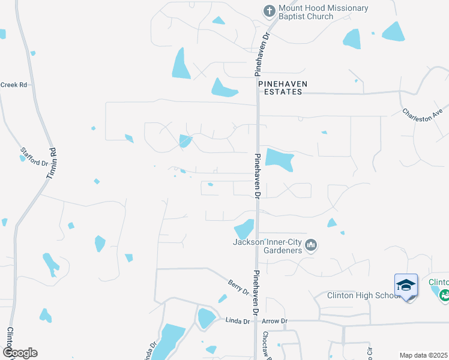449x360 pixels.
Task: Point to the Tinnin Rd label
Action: click(51, 162)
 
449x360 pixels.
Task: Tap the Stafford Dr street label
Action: click(34, 157)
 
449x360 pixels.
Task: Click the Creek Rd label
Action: click(14, 85)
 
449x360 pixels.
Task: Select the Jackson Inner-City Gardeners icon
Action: click(311, 245)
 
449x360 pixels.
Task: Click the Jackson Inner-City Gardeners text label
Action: click(267, 246)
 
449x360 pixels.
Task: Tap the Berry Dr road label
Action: click(238, 287)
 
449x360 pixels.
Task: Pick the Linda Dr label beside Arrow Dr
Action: click(237, 322)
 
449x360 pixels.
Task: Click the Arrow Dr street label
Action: click(275, 322)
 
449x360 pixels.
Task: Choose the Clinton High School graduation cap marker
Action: click(406, 286)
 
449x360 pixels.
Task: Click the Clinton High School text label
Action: click(363, 295)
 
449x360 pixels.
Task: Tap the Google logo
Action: click(20, 353)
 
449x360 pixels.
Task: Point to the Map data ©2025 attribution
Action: click(423, 355)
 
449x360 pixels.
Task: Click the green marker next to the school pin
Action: click(444, 295)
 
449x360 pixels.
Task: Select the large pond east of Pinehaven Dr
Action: click(279, 159)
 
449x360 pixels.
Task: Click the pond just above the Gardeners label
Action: click(244, 229)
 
